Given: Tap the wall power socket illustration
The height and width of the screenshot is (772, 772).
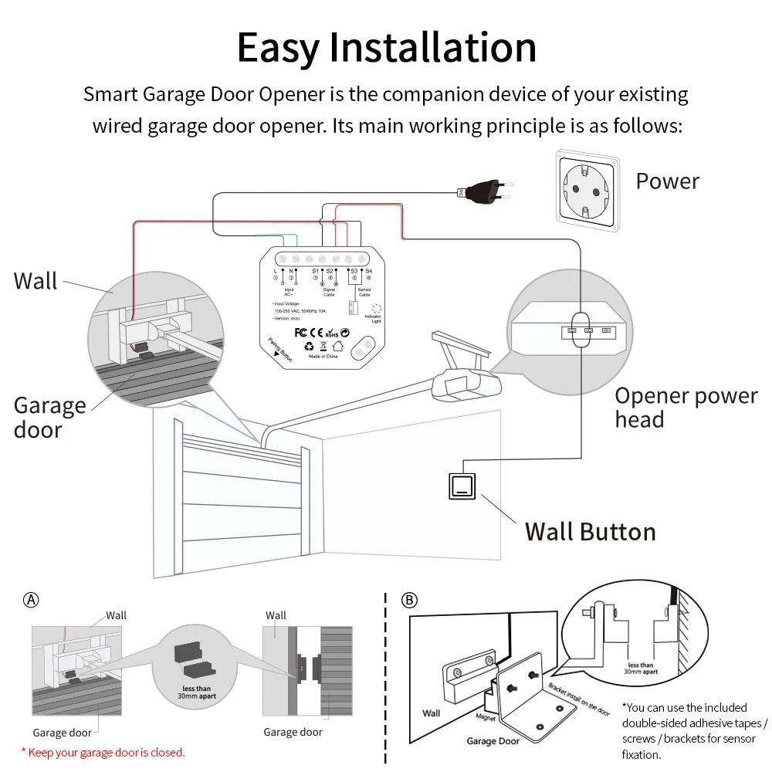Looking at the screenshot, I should point(587,189).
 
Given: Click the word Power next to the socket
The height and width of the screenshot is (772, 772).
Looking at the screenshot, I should point(667,181).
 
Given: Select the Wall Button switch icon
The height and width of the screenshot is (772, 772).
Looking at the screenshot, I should point(462,486).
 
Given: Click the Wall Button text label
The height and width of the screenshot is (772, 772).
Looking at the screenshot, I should point(590,532).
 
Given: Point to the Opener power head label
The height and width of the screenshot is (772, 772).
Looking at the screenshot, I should point(686,408).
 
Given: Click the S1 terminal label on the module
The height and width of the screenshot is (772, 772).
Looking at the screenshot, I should point(315,271).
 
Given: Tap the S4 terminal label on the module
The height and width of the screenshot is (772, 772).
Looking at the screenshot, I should point(369,271).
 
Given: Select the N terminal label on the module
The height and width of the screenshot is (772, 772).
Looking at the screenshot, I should point(291,271).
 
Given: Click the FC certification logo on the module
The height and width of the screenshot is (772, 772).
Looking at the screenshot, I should point(303,334).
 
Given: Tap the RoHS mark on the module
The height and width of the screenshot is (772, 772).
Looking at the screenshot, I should point(330,334).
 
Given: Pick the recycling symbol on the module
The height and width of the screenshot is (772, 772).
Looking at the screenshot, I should point(309,347).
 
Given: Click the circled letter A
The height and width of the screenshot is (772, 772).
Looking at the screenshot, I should point(31,600).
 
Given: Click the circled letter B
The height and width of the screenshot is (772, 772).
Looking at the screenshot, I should point(410,600).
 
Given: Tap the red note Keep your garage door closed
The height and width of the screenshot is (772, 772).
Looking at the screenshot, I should point(103,752).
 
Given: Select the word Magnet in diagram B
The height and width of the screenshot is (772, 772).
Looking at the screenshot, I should point(486,719).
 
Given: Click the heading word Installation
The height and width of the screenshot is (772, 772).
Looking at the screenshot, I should point(432,48).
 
